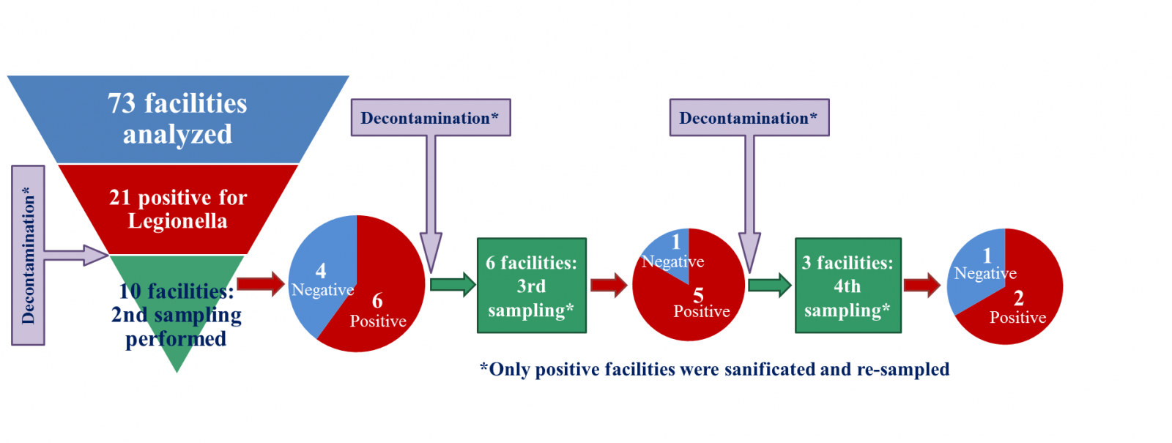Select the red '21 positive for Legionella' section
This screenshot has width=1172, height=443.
tap(177, 209)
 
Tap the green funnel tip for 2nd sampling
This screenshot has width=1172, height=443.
tap(177, 315)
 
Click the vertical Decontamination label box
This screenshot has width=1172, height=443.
tap(29, 255)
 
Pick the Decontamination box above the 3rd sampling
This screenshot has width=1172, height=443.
tap(430, 118)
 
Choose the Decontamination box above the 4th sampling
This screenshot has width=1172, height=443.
tap(749, 118)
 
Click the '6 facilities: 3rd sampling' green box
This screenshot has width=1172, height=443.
tap(531, 286)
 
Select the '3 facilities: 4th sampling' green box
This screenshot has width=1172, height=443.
tap(848, 286)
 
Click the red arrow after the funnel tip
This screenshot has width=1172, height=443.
tap(261, 283)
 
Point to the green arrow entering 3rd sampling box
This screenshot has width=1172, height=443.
tap(453, 284)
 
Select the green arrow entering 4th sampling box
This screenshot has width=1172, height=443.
tap(770, 285)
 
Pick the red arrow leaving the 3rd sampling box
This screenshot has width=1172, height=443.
tap(609, 285)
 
